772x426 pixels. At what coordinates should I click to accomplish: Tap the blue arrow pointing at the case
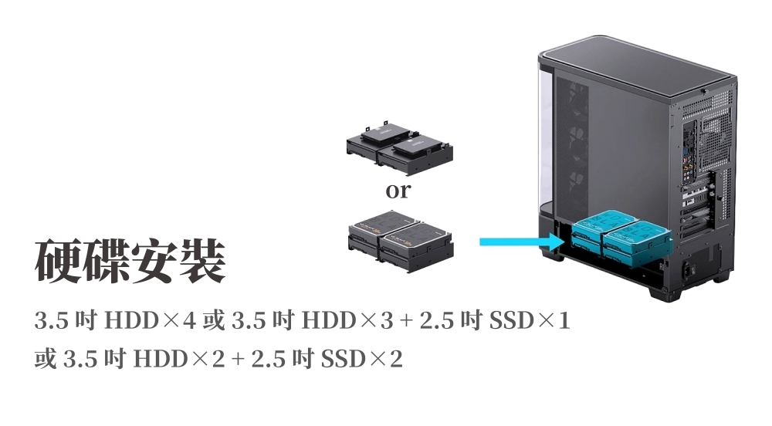522,242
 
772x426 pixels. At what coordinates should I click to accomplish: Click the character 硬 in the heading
58,261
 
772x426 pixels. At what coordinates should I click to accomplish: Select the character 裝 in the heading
201,261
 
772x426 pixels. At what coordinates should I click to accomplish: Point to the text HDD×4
151,321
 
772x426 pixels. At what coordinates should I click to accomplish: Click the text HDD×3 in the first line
347,321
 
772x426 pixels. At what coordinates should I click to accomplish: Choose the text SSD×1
530,321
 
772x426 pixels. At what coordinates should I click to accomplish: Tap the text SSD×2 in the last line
362,359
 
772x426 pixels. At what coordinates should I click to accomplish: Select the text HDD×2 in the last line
179,359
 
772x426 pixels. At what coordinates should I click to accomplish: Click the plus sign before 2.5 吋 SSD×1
406,322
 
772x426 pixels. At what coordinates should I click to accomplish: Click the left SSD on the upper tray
384,133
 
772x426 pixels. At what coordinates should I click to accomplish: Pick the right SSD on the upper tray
418,146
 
